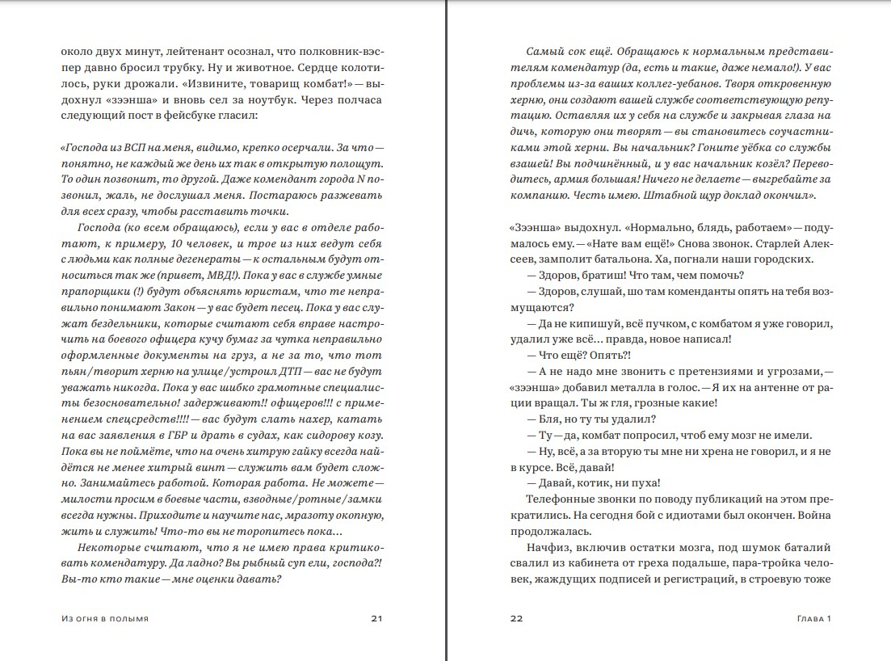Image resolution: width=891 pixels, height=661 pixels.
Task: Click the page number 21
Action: tap(376, 619)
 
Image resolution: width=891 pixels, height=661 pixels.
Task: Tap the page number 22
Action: tap(517, 619)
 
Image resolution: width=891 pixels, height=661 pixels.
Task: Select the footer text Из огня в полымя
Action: tap(104, 619)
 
